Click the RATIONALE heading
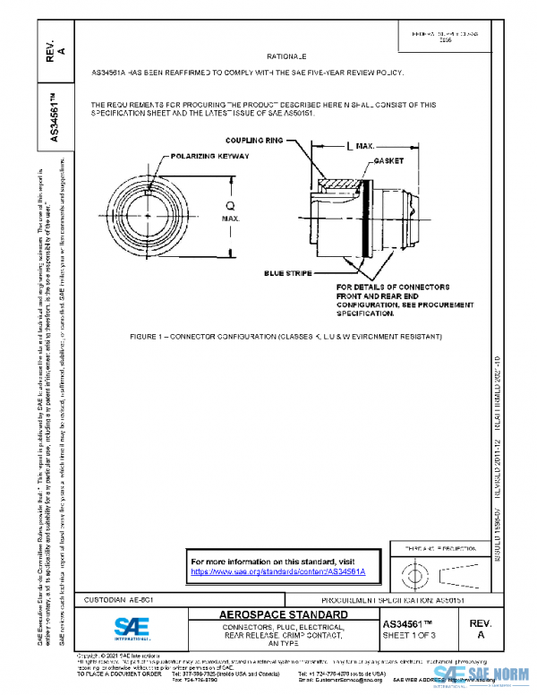pyautogui.click(x=288, y=56)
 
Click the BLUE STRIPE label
pyautogui.click(x=288, y=271)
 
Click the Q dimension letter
pyautogui.click(x=231, y=203)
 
